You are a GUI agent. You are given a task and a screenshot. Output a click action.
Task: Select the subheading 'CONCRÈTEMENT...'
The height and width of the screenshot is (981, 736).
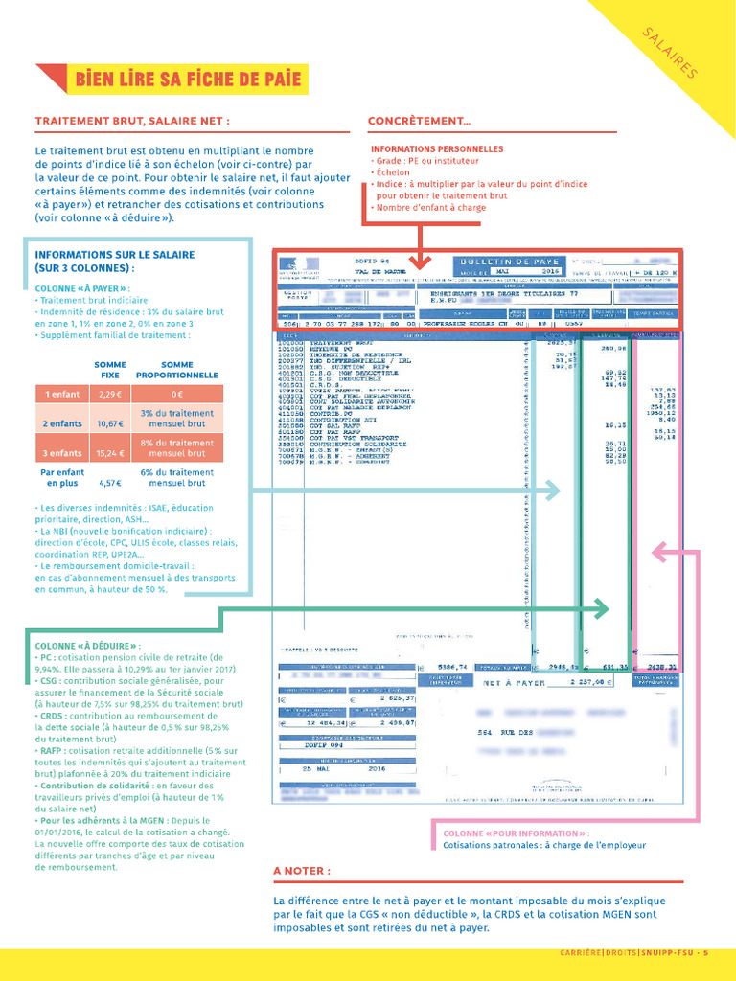click(x=419, y=122)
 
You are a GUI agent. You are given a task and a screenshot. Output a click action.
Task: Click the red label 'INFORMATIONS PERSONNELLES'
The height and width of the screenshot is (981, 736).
click(x=437, y=149)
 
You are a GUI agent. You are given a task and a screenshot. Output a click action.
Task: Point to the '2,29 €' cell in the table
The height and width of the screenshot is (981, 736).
click(x=110, y=394)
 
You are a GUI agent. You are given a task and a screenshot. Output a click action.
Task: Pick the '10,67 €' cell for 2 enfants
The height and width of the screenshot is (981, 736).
click(x=110, y=422)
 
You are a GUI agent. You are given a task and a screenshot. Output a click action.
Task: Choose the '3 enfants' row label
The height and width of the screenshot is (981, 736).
click(x=62, y=452)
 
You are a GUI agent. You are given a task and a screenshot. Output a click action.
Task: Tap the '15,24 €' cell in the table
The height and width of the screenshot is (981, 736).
click(x=110, y=452)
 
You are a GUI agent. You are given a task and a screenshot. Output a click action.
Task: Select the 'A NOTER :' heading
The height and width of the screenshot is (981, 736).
click(x=302, y=871)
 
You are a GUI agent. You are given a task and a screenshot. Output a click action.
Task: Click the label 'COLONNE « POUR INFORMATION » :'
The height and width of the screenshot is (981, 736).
click(x=516, y=833)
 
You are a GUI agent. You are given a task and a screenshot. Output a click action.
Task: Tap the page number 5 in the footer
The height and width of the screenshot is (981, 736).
click(x=705, y=952)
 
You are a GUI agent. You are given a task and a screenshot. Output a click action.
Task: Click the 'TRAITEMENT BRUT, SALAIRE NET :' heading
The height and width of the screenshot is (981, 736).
click(x=132, y=122)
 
